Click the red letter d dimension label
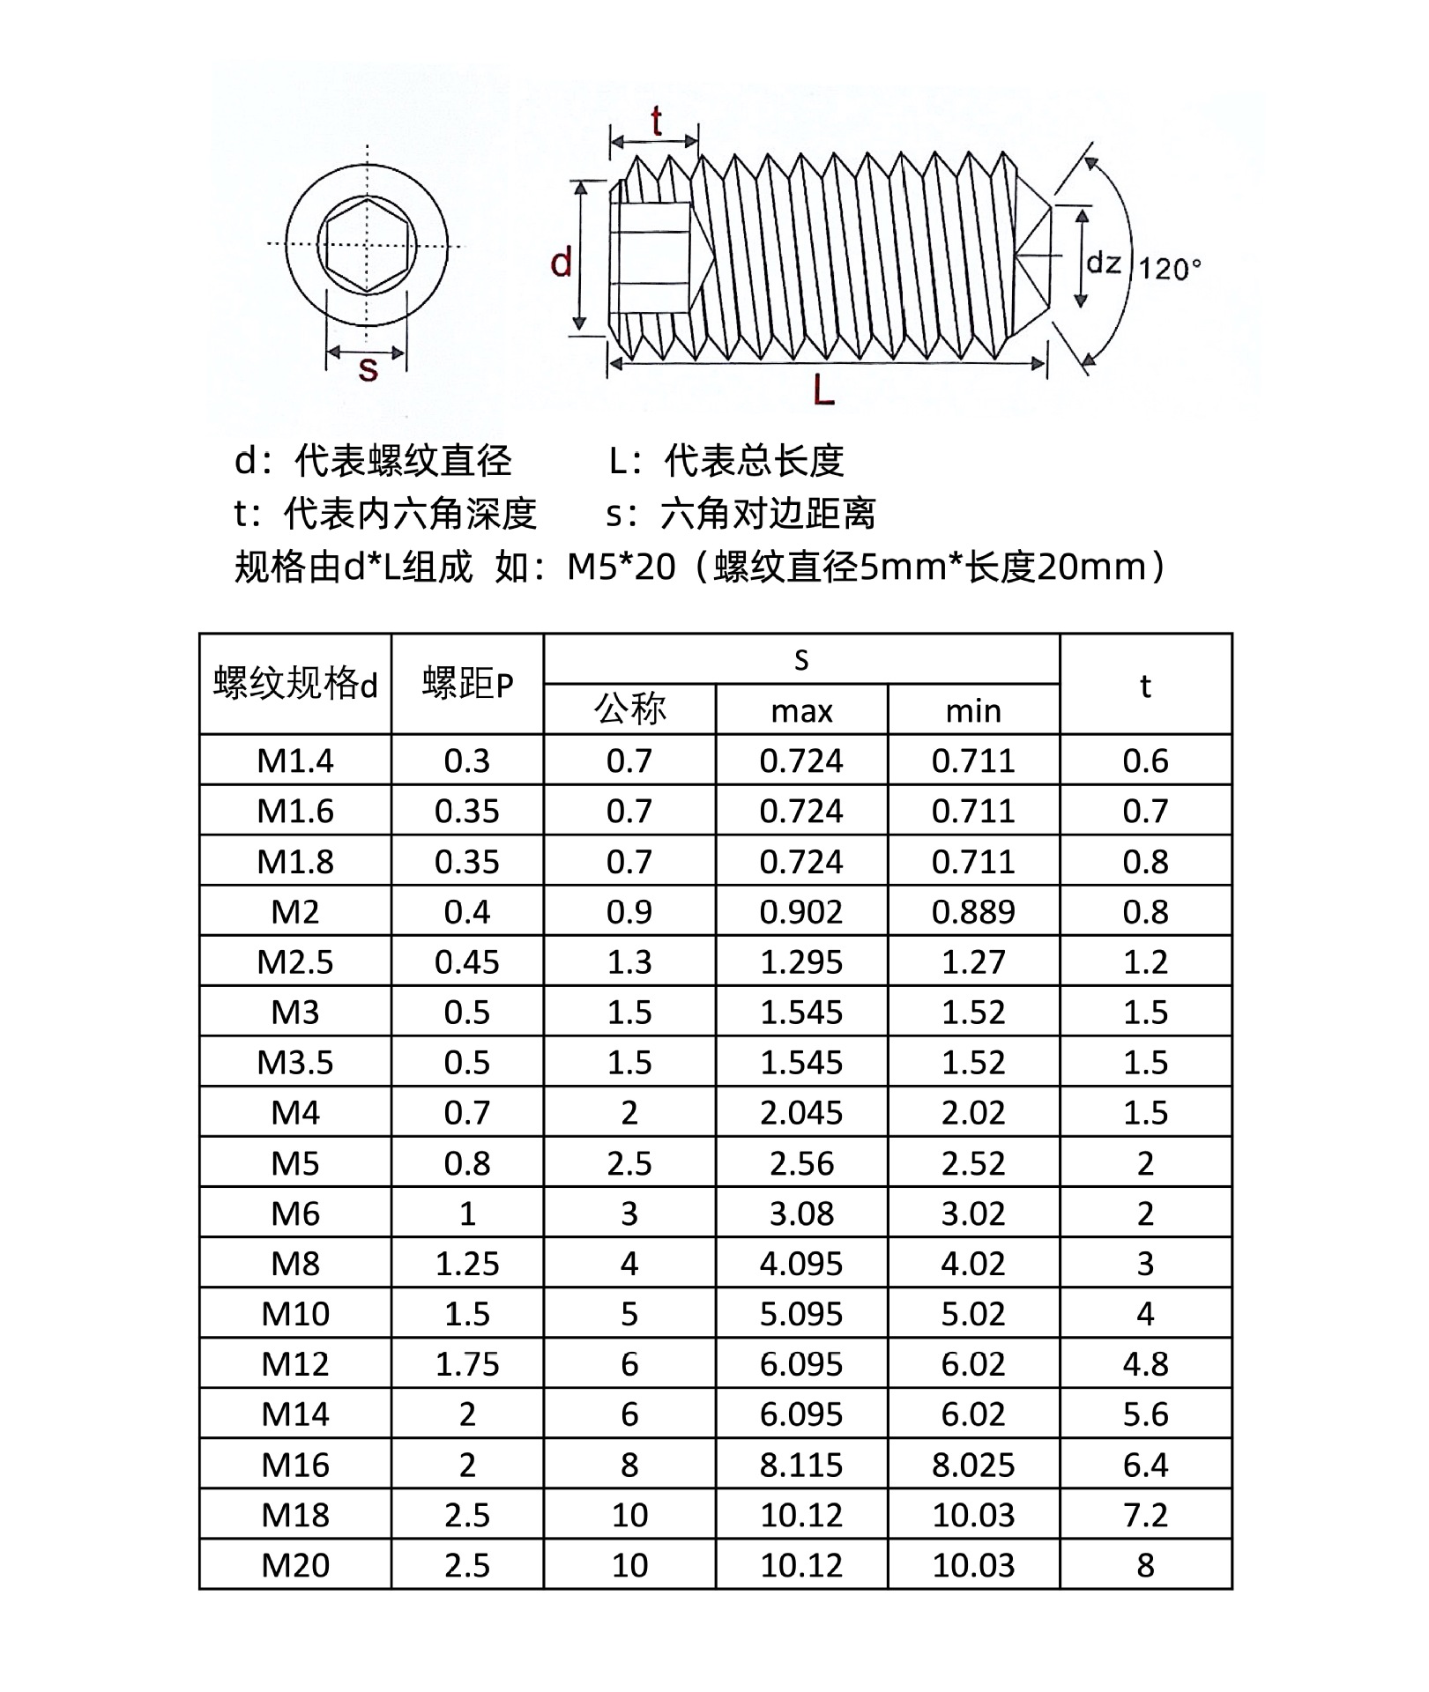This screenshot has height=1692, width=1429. point(562,263)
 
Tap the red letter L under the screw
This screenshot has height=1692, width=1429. point(823,390)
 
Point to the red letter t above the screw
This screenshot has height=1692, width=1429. point(656,122)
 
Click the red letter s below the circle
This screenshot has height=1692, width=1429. point(368,369)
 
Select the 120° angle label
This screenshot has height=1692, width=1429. point(1170,269)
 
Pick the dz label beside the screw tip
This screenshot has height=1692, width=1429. point(1104,263)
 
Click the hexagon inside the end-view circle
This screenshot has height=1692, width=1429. point(366,244)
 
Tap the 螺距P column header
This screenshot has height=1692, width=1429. point(467,684)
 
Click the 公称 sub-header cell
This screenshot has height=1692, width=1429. point(629,709)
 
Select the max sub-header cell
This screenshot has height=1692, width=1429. point(801,711)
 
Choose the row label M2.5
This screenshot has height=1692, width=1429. point(295,961)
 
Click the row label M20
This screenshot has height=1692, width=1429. point(295,1565)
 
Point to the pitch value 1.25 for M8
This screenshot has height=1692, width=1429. point(467,1264)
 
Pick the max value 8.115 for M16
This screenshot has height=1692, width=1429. point(801,1465)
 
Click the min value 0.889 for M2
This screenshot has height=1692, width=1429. point(973,911)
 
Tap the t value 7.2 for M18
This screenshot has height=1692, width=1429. point(1145,1515)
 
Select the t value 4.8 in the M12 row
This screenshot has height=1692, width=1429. point(1145,1364)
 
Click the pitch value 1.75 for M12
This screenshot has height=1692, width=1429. point(467,1364)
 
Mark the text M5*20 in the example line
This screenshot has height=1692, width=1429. point(621,567)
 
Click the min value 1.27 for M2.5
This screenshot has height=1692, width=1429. point(973,961)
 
